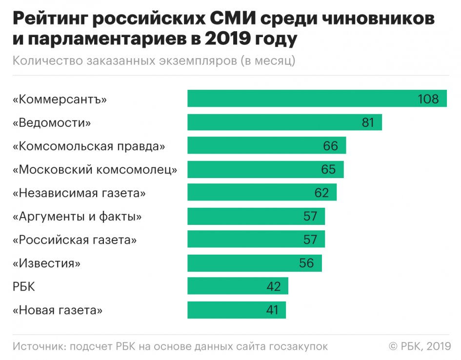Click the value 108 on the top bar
[428, 99]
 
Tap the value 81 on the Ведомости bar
[368, 122]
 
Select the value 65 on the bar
[328, 169]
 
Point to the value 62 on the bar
[321, 193]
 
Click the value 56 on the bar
[306, 263]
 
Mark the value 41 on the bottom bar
[272, 310]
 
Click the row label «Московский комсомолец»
[95, 169]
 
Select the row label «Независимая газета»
[80, 193]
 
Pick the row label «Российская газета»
[75, 240]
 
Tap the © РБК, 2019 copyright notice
[419, 346]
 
